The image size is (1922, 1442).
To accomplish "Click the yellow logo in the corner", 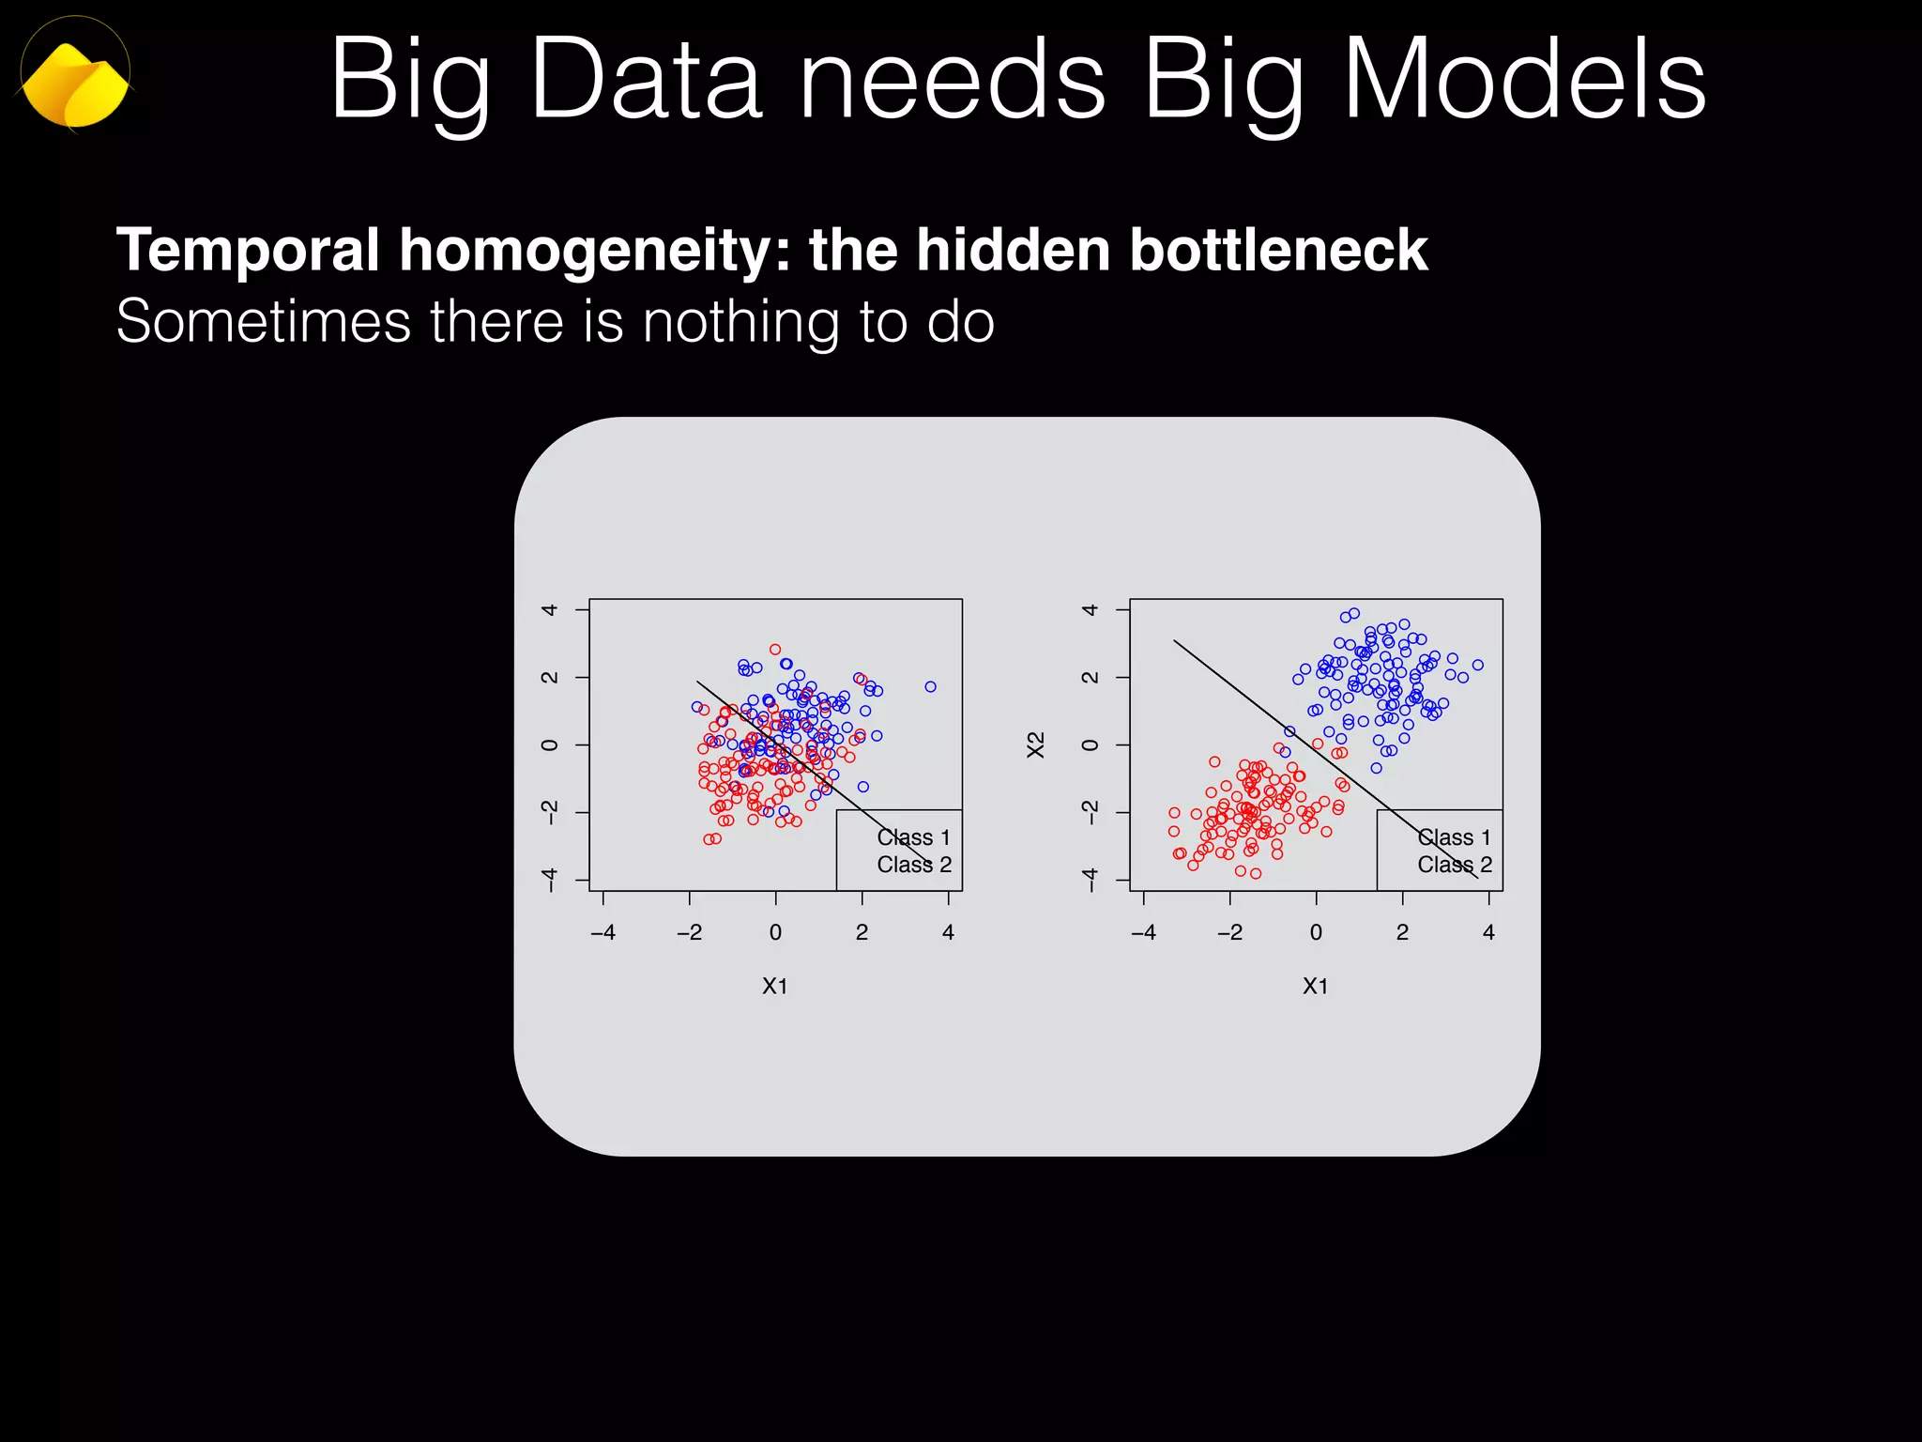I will click(75, 83).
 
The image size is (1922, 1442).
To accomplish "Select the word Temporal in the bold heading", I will click(248, 252).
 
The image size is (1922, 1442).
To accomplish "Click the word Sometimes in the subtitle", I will click(263, 322).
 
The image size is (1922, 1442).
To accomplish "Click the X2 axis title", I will click(1035, 744).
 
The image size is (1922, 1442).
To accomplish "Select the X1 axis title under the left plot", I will click(775, 986).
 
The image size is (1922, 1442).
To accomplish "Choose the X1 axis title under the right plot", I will click(1316, 986).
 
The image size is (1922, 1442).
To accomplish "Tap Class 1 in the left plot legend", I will click(913, 837).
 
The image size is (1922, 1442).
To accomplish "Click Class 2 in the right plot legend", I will click(1455, 865).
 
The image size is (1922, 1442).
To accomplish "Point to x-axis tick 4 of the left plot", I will click(948, 932).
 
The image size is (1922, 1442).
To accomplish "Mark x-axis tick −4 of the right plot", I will click(1143, 932).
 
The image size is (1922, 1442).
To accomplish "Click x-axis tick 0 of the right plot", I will click(1316, 932).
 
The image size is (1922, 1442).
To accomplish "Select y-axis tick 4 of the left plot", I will click(550, 610).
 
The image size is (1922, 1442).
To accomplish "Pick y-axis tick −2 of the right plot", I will click(1090, 812).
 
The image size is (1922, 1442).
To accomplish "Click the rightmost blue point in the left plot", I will click(930, 687).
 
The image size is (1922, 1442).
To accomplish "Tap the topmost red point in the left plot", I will click(775, 650).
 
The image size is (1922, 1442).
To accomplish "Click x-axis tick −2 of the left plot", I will click(689, 932).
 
